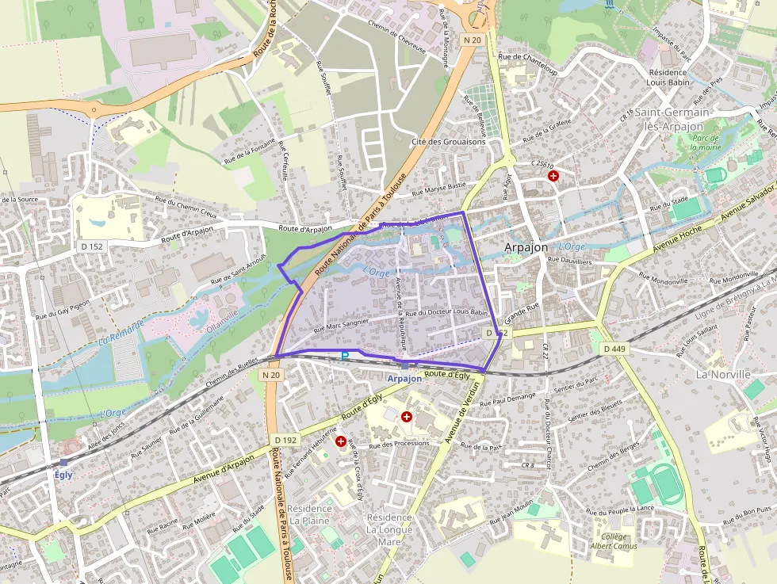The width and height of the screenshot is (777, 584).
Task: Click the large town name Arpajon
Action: pos(526,247)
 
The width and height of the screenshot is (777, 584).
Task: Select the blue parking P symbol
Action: pos(345,357)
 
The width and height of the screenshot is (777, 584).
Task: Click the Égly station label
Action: pos(63,475)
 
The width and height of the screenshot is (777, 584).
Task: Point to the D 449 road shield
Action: pos(614,349)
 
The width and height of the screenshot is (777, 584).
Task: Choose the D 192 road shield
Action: pos(285,440)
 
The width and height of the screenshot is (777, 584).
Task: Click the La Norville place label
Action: pos(722,374)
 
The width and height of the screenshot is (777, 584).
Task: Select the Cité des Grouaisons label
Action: pos(447,143)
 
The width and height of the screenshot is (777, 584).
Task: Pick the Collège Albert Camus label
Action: pos(613,541)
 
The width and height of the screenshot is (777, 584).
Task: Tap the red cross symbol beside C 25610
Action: pos(553,175)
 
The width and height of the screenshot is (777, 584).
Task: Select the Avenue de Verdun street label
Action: pos(462,413)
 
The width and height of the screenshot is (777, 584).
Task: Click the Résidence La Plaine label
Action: pos(308,514)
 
